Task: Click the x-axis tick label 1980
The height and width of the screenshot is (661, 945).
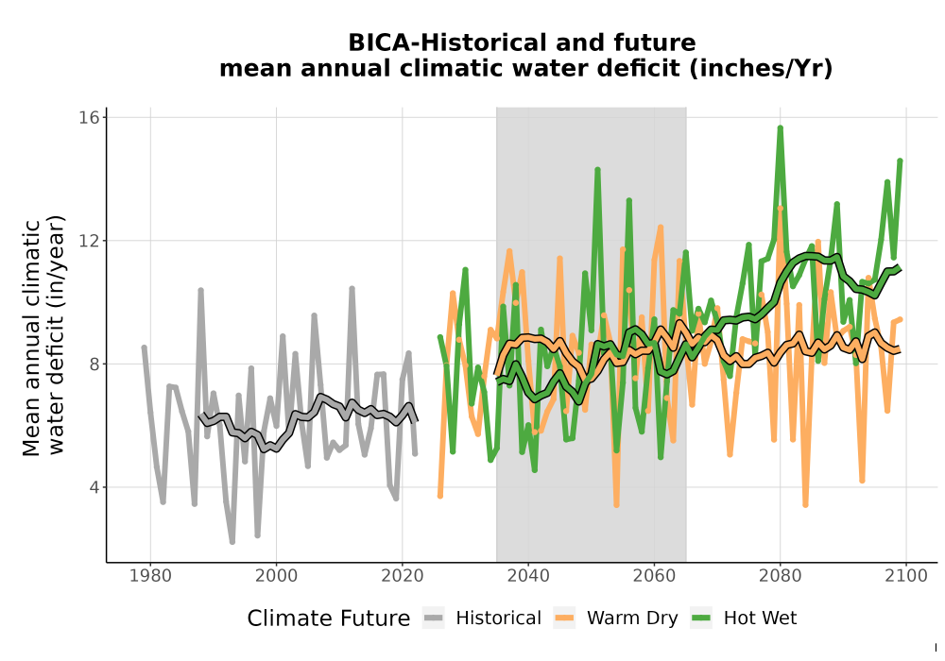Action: (150, 576)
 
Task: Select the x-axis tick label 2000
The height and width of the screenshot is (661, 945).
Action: (276, 576)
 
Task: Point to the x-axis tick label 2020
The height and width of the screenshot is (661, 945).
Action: (402, 576)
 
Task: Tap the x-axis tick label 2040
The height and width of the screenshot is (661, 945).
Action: (528, 576)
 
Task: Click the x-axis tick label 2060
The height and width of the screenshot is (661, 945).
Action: (654, 576)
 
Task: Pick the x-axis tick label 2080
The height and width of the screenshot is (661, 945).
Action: (780, 576)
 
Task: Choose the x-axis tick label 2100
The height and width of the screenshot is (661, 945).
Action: (906, 576)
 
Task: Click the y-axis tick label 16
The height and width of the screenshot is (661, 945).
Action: (89, 117)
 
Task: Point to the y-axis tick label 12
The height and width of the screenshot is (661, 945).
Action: (89, 240)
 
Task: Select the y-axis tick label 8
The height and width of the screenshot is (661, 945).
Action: (94, 364)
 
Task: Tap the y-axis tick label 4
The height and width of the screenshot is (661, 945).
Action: (94, 487)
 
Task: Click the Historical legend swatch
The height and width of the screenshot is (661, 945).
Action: (434, 618)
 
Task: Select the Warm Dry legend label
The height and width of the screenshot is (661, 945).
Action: (632, 619)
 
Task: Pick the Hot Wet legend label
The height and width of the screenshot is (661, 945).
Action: (760, 619)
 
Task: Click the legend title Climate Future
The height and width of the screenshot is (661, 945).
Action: (329, 619)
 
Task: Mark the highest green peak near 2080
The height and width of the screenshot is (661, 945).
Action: (780, 127)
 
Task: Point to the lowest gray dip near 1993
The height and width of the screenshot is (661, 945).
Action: (232, 542)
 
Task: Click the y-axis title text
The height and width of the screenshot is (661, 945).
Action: (43, 337)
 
